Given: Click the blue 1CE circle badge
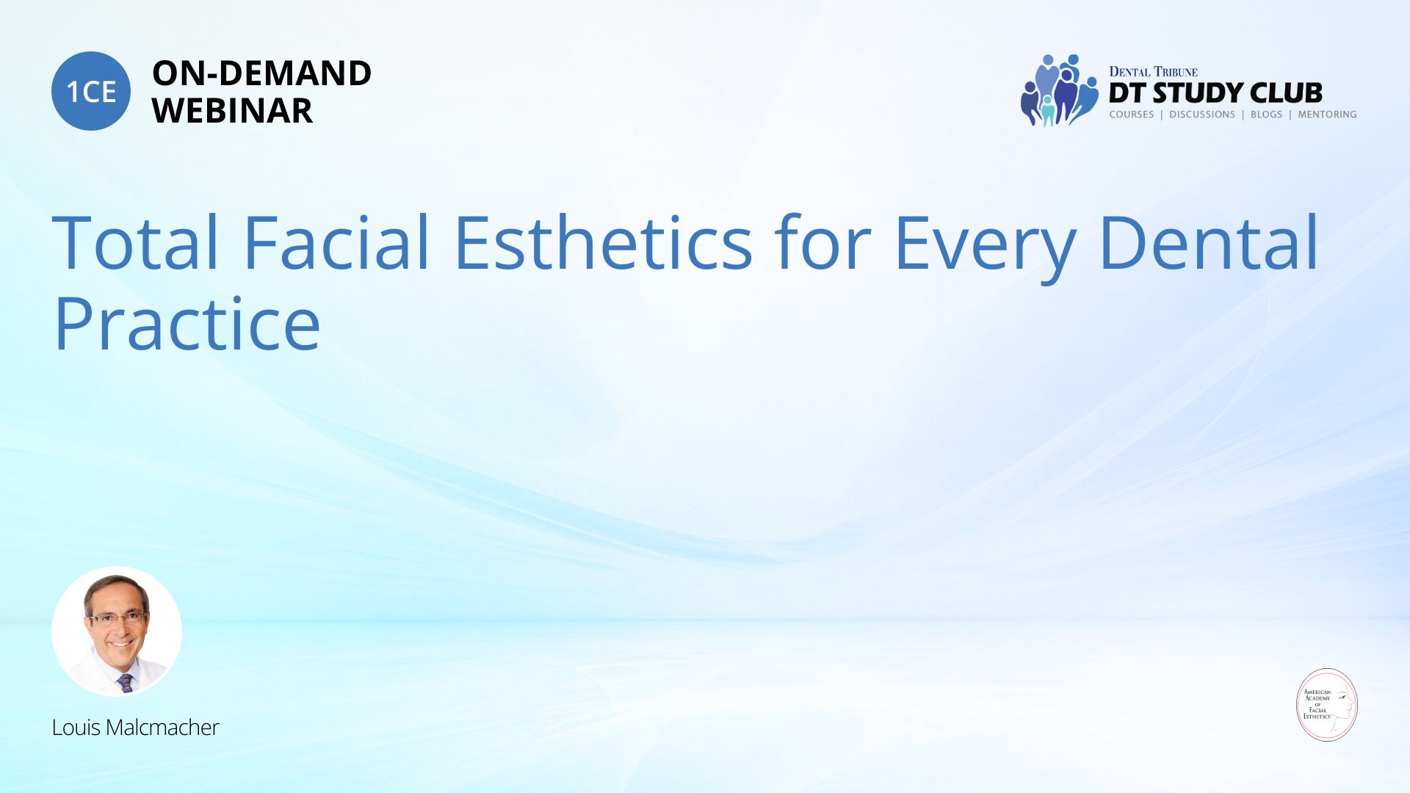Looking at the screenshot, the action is click(91, 91).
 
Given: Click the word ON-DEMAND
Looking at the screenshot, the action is click(261, 73).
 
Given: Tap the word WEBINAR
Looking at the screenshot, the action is click(232, 110).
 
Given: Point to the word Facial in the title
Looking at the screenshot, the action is click(336, 242).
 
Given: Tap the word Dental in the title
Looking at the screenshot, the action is click(1209, 242).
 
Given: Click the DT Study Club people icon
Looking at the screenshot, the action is click(1059, 90).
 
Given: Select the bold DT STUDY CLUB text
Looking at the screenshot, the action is click(1215, 93).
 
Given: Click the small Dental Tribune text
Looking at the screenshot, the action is click(1153, 71).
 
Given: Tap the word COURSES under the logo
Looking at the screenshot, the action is click(1131, 115).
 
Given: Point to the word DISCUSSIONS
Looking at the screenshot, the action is click(1202, 115).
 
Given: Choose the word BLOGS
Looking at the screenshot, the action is click(1266, 115).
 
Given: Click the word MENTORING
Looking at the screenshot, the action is click(1327, 115).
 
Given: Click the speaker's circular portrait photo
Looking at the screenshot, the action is click(117, 631).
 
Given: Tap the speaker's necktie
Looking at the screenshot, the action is click(126, 683).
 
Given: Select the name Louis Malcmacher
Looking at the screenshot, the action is click(135, 727).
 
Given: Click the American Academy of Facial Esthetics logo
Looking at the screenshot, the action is click(1327, 705).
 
